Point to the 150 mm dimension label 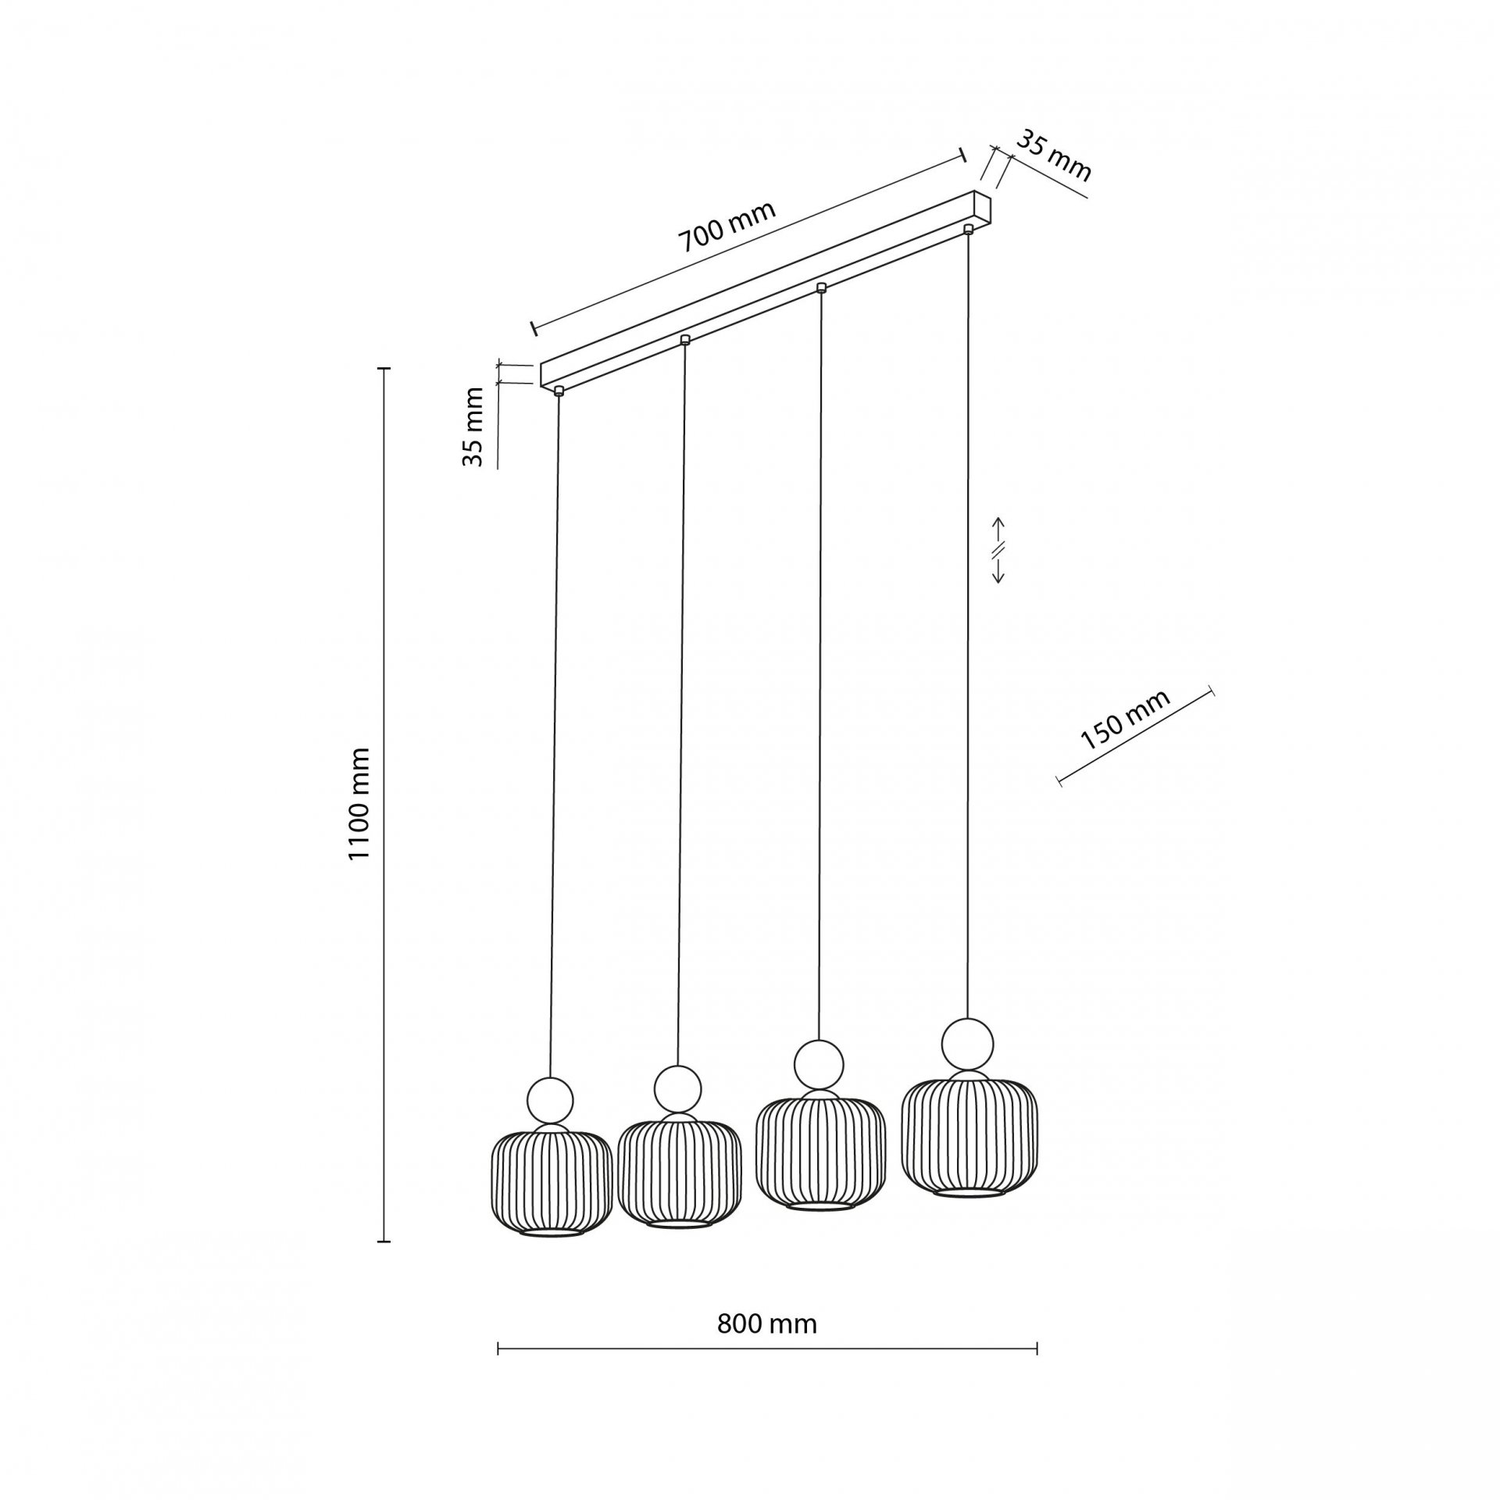1125,720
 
